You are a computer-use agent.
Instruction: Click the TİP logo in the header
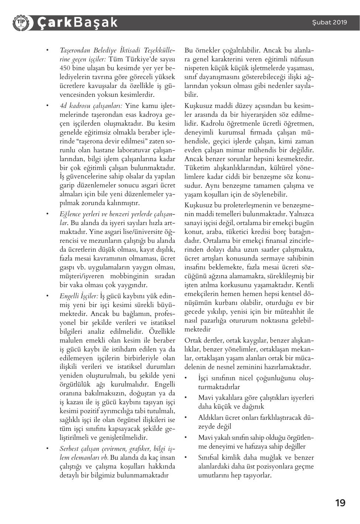pos(21,23)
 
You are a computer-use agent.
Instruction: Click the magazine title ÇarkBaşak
pos(77,23)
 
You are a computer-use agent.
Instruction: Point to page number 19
pos(340,503)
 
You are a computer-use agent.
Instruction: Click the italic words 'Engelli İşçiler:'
pos(79,296)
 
